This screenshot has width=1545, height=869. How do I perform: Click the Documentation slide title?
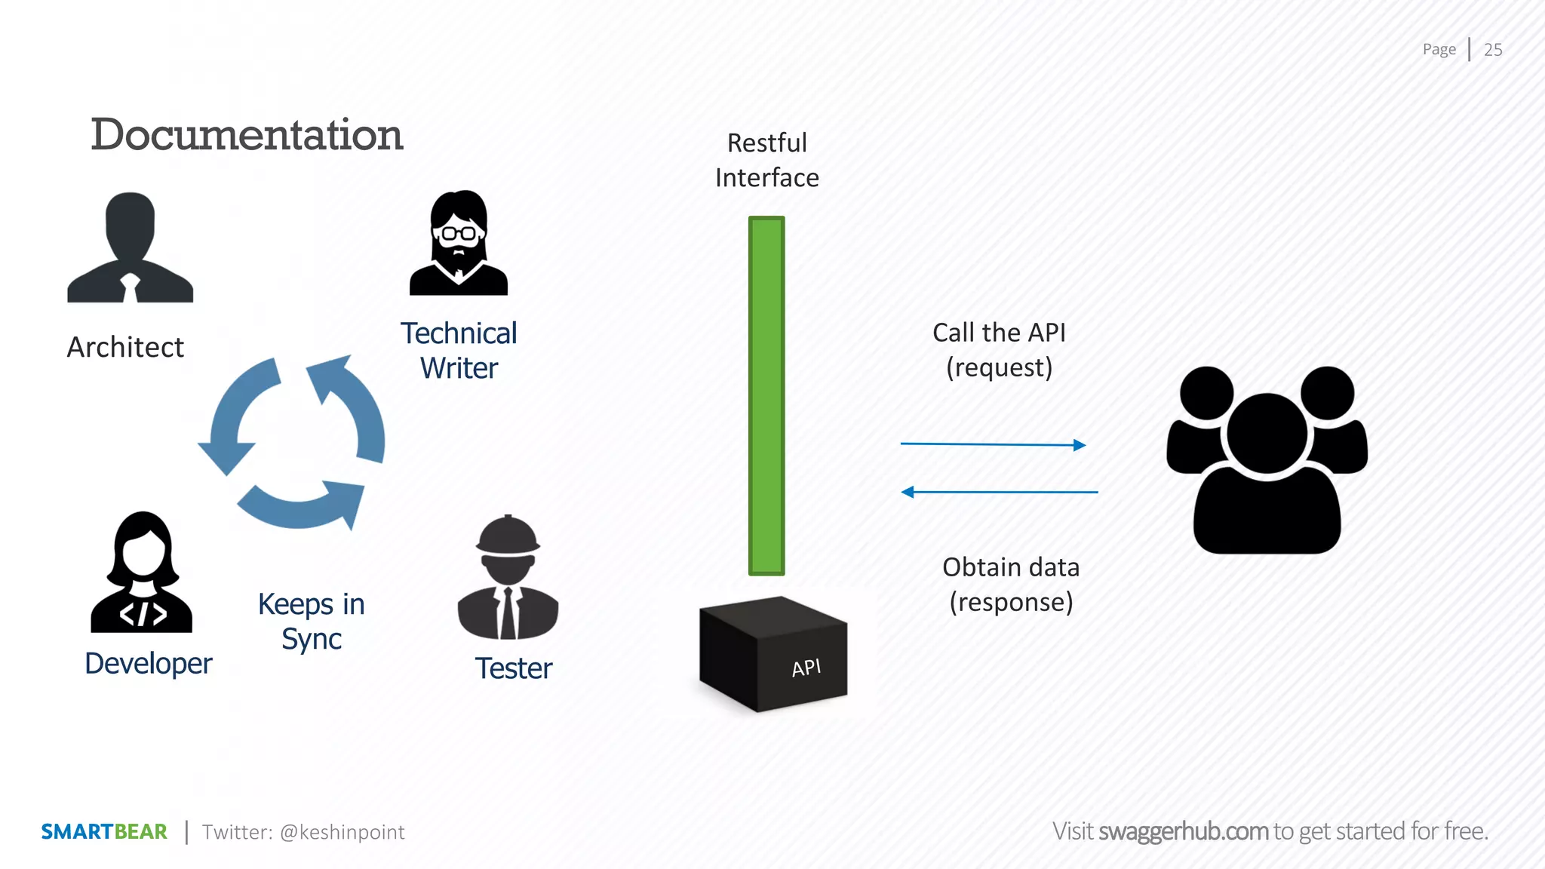(247, 135)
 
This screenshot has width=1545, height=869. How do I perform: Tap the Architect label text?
(125, 347)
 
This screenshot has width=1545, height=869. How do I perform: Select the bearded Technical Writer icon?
(459, 243)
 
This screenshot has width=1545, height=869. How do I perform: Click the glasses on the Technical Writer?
(459, 233)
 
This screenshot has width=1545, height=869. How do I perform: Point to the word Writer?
(459, 369)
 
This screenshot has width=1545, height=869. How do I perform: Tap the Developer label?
(149, 664)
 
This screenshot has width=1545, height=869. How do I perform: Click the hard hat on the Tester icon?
(508, 535)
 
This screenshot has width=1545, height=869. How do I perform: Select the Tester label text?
(514, 668)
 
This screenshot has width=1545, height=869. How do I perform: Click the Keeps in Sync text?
(311, 621)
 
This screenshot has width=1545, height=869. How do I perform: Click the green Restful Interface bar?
(766, 396)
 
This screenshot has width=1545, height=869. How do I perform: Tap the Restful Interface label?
(766, 160)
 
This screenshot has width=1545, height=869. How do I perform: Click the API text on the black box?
(806, 668)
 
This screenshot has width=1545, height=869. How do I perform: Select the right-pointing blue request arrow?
(993, 444)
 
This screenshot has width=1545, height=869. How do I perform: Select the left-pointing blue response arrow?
(999, 492)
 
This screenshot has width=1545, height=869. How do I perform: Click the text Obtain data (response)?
(1011, 585)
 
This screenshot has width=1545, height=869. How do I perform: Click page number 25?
(1493, 50)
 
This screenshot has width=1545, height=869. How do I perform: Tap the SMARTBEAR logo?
(104, 831)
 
